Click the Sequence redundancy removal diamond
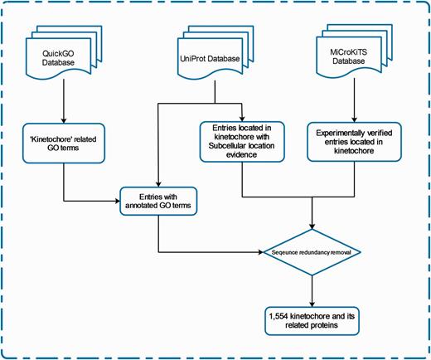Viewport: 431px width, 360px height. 312,250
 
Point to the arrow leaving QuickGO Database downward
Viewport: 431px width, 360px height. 63,98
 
